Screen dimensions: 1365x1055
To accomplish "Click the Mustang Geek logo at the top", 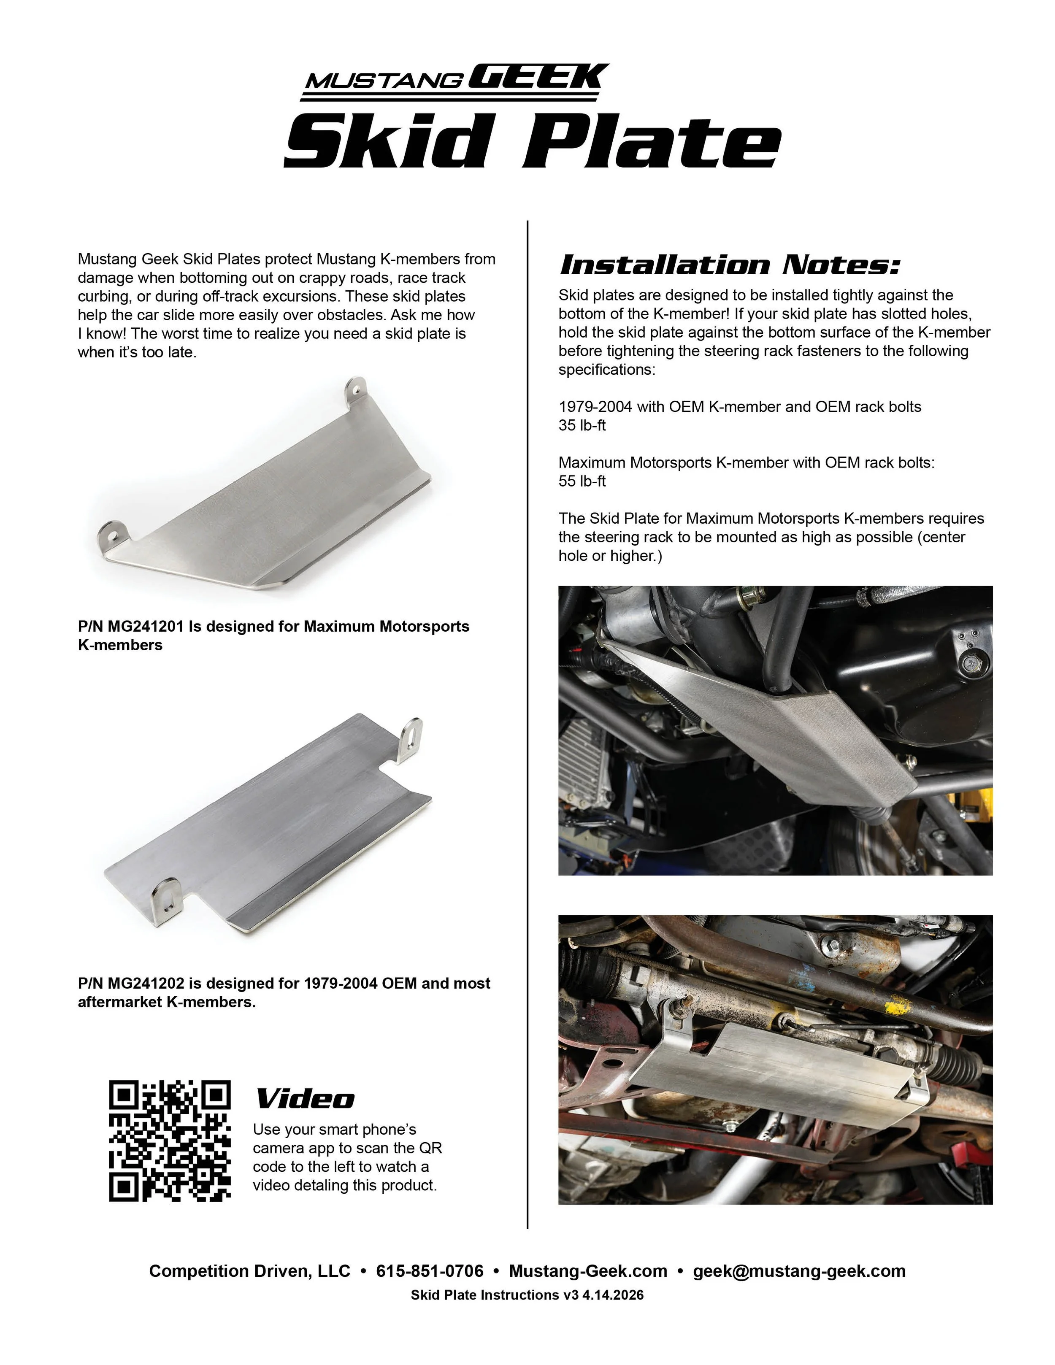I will [455, 81].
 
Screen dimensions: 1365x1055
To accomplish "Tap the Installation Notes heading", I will [729, 265].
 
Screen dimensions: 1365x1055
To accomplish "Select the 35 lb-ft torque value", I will [582, 426].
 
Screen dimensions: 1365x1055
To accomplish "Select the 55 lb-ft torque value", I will [582, 481].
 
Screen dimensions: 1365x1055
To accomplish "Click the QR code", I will [169, 1141].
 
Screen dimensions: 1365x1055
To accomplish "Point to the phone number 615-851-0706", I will [429, 1271].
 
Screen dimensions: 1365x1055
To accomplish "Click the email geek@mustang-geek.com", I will [799, 1271].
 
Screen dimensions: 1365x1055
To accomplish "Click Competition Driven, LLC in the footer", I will [249, 1271].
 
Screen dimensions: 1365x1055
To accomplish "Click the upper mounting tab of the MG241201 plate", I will [356, 391].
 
